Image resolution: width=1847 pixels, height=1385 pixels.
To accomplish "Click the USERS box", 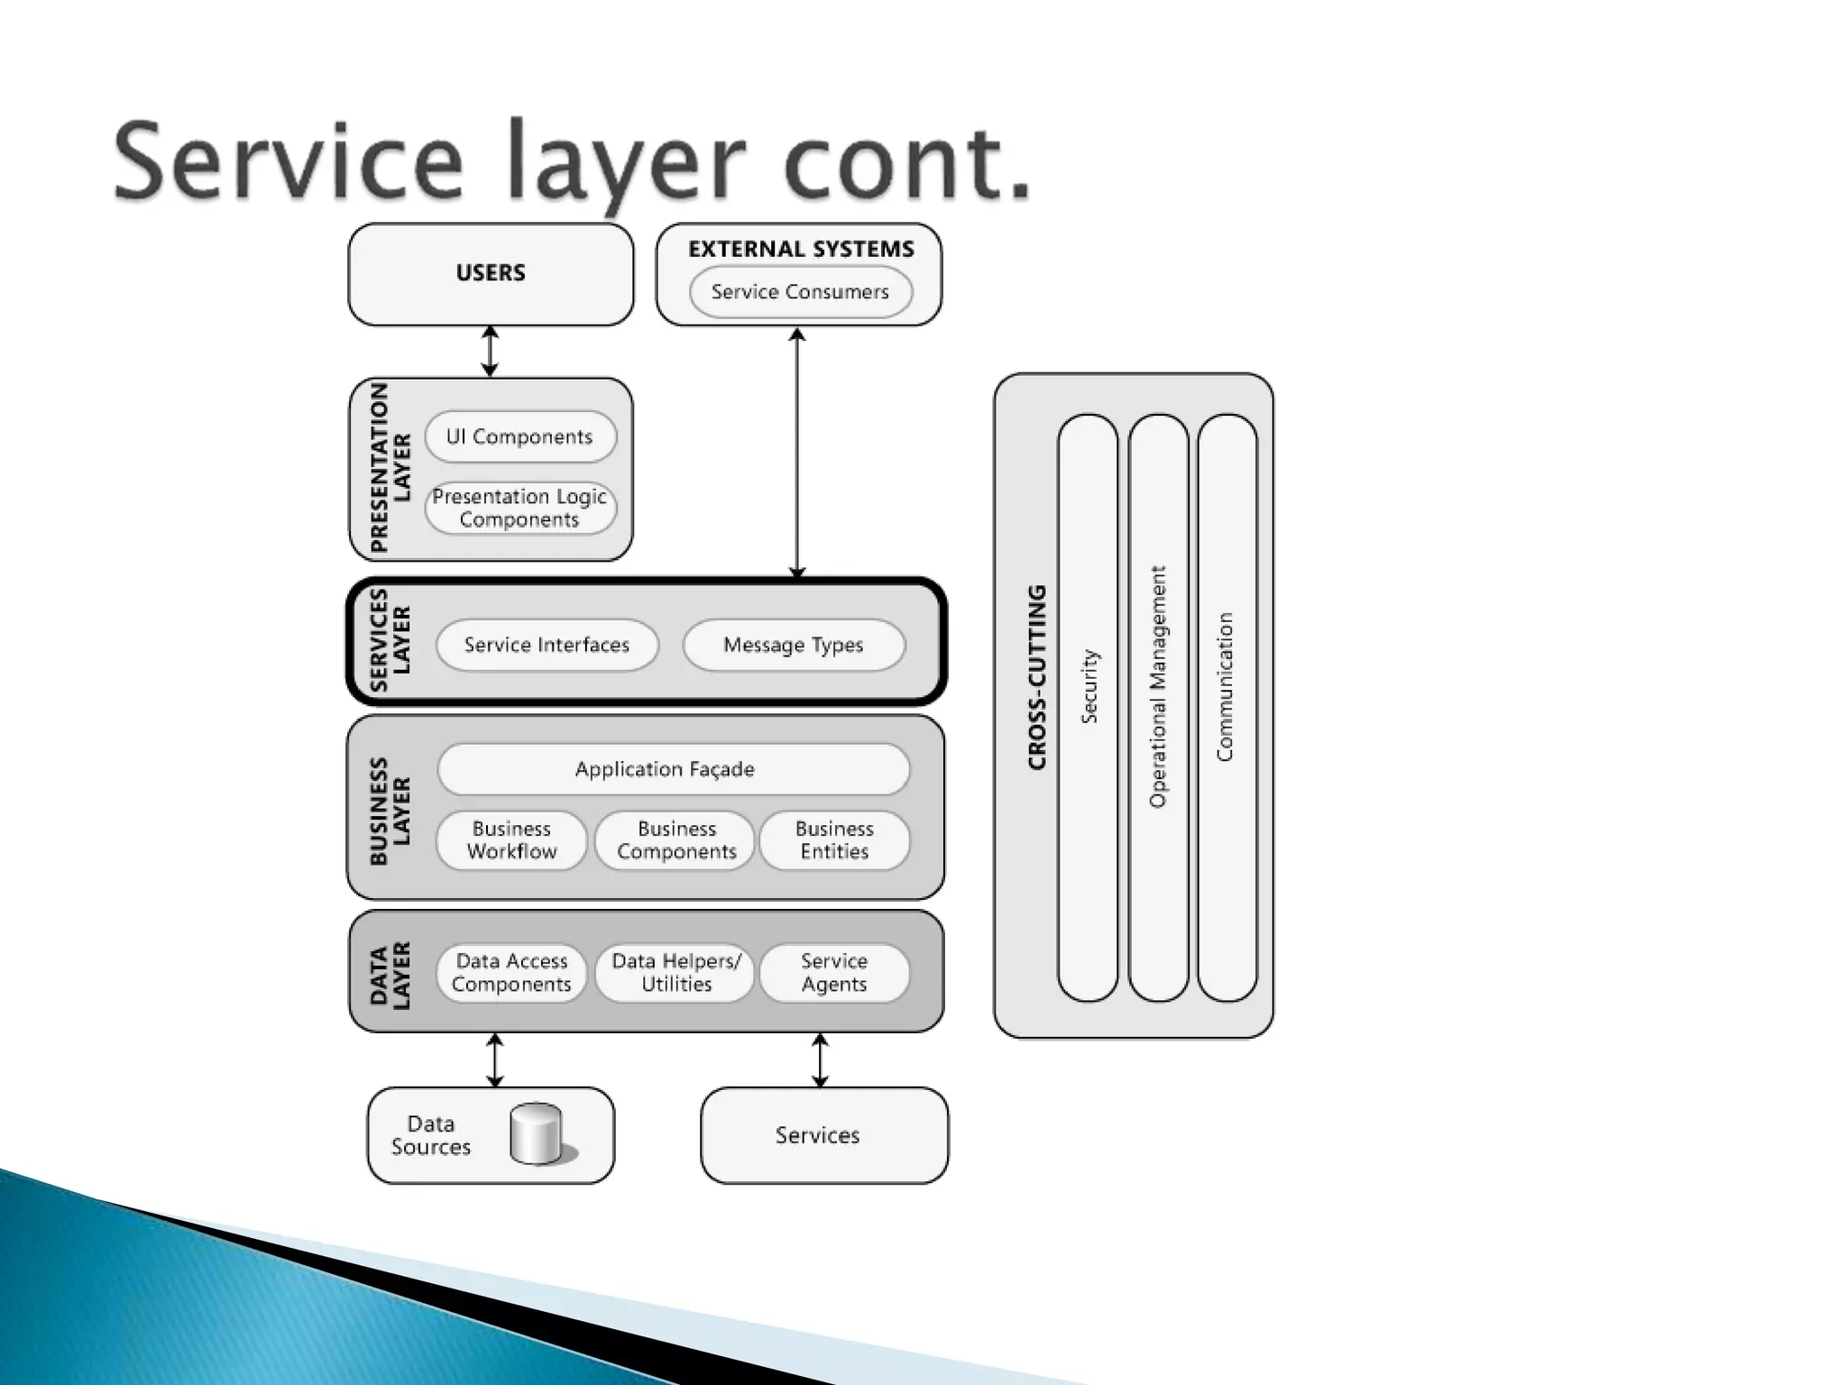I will click(x=491, y=274).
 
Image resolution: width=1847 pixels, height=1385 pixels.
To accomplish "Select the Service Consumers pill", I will click(x=800, y=292).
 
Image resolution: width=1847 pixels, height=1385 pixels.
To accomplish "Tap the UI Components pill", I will click(x=520, y=437).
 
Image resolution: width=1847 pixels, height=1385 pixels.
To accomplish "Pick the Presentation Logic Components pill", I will click(x=520, y=509).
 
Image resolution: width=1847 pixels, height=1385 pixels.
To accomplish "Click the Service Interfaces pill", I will click(x=547, y=645).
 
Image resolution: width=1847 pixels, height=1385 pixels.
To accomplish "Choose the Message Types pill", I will click(x=794, y=645).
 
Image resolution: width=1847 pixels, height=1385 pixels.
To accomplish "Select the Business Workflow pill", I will click(x=511, y=840).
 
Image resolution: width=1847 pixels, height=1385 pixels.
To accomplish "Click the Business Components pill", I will click(x=676, y=840).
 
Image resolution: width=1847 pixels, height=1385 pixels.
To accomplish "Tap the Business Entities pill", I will click(x=834, y=840).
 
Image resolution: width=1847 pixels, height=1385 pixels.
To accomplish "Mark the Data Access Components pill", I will click(x=511, y=973).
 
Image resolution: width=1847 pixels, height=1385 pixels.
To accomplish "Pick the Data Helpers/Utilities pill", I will click(x=676, y=973).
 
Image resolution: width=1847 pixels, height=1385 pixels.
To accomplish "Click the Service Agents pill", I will click(x=834, y=973).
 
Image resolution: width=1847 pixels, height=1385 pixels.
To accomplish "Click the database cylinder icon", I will click(x=537, y=1133).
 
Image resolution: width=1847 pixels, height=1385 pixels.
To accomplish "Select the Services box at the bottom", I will click(x=823, y=1135).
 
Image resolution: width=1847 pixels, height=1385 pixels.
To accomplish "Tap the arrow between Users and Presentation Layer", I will click(x=490, y=352).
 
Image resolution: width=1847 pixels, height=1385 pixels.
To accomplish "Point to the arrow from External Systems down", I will click(x=797, y=451).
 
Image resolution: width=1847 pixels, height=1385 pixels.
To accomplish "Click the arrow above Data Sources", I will click(x=494, y=1060).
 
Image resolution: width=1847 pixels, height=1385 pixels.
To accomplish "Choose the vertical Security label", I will click(x=1089, y=685).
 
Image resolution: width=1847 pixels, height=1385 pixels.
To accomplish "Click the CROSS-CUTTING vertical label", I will click(x=1037, y=676).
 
